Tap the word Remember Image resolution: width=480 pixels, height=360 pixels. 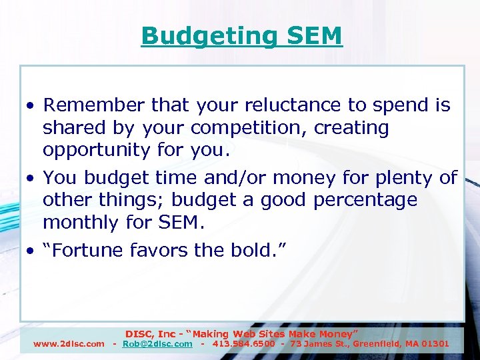click(95, 105)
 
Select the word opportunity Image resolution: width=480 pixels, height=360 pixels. click(95, 151)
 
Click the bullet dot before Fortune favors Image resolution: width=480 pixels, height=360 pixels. click(31, 251)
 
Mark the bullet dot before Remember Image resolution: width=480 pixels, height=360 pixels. click(31, 106)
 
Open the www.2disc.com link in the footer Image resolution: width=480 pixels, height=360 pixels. click(69, 344)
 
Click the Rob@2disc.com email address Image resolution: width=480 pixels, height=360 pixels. click(157, 344)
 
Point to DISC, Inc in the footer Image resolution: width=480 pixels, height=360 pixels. click(152, 333)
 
